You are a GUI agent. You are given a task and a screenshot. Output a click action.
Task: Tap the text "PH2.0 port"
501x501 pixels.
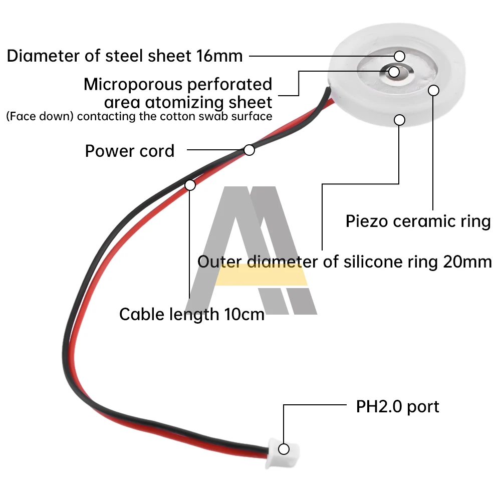point(397,406)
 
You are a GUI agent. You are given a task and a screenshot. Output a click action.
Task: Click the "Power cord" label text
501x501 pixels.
point(130,151)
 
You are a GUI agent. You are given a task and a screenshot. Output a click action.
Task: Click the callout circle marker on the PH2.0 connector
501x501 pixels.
point(284,449)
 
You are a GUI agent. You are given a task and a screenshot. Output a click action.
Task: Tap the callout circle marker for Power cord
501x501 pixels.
point(249,149)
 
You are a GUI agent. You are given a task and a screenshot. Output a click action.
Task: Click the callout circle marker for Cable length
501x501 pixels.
point(190,185)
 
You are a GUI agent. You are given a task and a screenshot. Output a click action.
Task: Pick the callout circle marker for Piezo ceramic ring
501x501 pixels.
point(434,90)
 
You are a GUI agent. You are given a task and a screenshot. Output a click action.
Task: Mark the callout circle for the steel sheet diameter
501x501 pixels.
point(399,56)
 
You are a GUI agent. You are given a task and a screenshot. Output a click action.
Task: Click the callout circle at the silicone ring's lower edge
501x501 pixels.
point(399,120)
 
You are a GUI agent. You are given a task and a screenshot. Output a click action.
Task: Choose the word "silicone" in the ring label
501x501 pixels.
point(368,262)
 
